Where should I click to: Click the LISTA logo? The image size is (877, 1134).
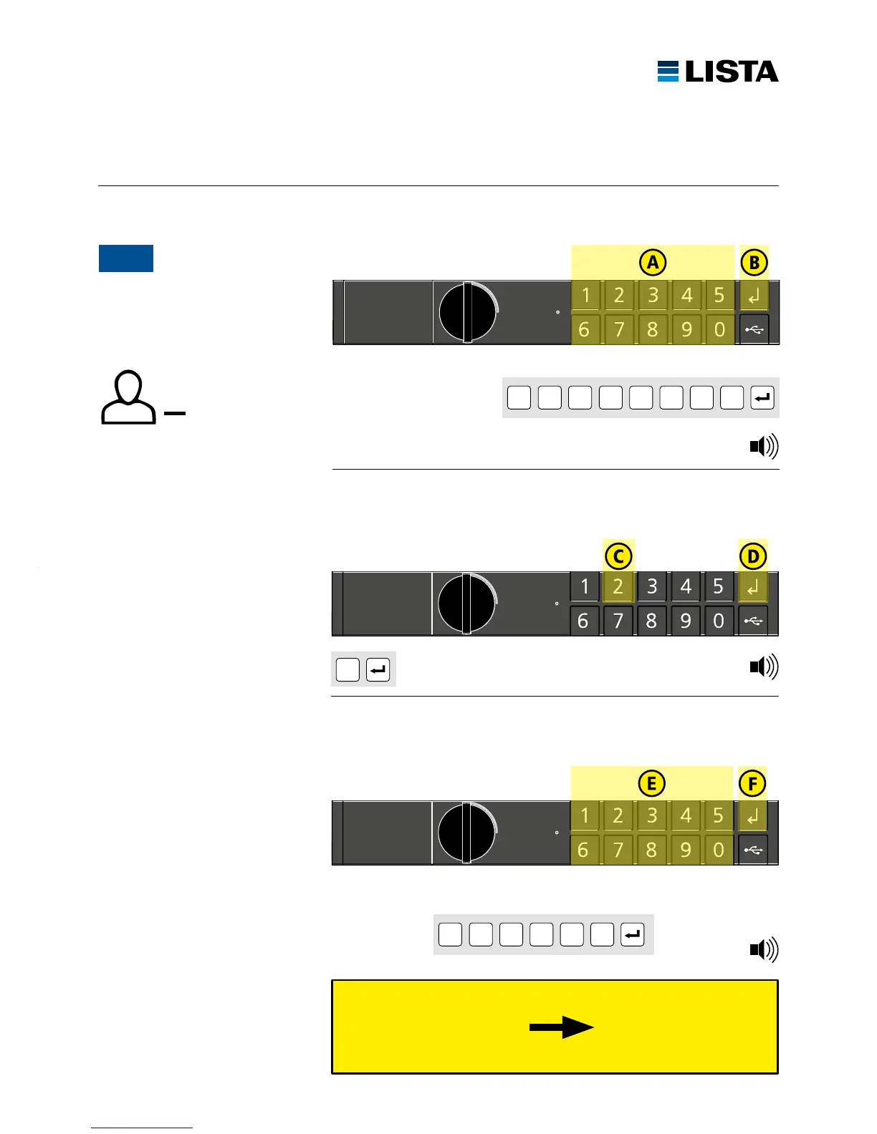[x=718, y=72]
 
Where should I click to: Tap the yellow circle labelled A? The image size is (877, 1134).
[x=653, y=263]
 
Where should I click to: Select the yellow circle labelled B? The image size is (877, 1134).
[x=754, y=263]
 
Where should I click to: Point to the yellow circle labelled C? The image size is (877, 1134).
[x=618, y=556]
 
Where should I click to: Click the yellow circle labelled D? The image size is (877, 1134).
[x=753, y=556]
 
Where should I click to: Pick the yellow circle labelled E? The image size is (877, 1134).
[x=651, y=783]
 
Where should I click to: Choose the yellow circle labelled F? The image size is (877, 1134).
[x=752, y=783]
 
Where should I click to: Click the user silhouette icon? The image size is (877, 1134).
[x=128, y=397]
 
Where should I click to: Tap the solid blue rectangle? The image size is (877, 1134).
[x=126, y=258]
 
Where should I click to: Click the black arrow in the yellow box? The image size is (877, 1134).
[x=561, y=1027]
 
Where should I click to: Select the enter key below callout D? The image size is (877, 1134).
[x=753, y=588]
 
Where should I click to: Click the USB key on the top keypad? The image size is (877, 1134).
[x=754, y=330]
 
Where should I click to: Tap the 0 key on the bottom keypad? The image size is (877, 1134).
[x=719, y=850]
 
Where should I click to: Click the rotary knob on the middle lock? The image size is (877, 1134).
[x=466, y=604]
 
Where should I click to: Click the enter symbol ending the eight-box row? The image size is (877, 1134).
[x=762, y=397]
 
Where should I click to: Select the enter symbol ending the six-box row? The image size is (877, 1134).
[x=633, y=934]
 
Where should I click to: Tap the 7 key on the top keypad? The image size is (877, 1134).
[x=618, y=330]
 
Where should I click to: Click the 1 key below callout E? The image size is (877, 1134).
[x=585, y=816]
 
